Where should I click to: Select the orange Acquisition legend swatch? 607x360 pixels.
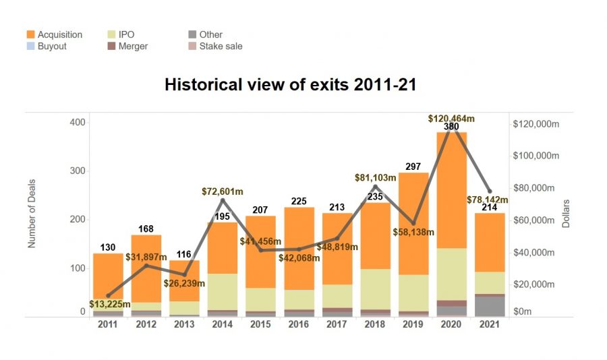(x=31, y=34)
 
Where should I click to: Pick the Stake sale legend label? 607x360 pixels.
(x=221, y=47)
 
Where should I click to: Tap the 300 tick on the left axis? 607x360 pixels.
(x=78, y=171)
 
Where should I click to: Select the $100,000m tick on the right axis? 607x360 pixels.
(x=536, y=156)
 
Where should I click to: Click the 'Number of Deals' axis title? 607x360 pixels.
(x=31, y=210)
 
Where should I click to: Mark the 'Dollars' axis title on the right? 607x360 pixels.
(x=567, y=212)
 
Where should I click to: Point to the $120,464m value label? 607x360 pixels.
(x=451, y=119)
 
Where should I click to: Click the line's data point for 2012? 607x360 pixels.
(x=146, y=265)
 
